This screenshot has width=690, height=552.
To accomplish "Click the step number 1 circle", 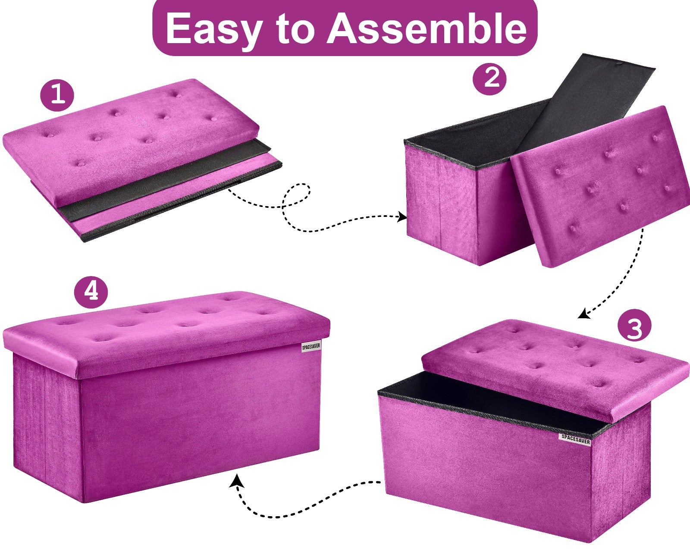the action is click(x=57, y=95).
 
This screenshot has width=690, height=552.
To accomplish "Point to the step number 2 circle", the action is click(x=489, y=78).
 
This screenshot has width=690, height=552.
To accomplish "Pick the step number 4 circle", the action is click(x=91, y=292).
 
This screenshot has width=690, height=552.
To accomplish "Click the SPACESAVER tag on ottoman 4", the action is click(x=311, y=347).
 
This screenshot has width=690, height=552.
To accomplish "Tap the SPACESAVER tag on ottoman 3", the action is click(x=576, y=439).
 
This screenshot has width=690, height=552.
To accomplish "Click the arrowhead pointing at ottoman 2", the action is click(x=402, y=216).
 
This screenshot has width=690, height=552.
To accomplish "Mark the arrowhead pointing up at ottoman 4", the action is click(x=237, y=482).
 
